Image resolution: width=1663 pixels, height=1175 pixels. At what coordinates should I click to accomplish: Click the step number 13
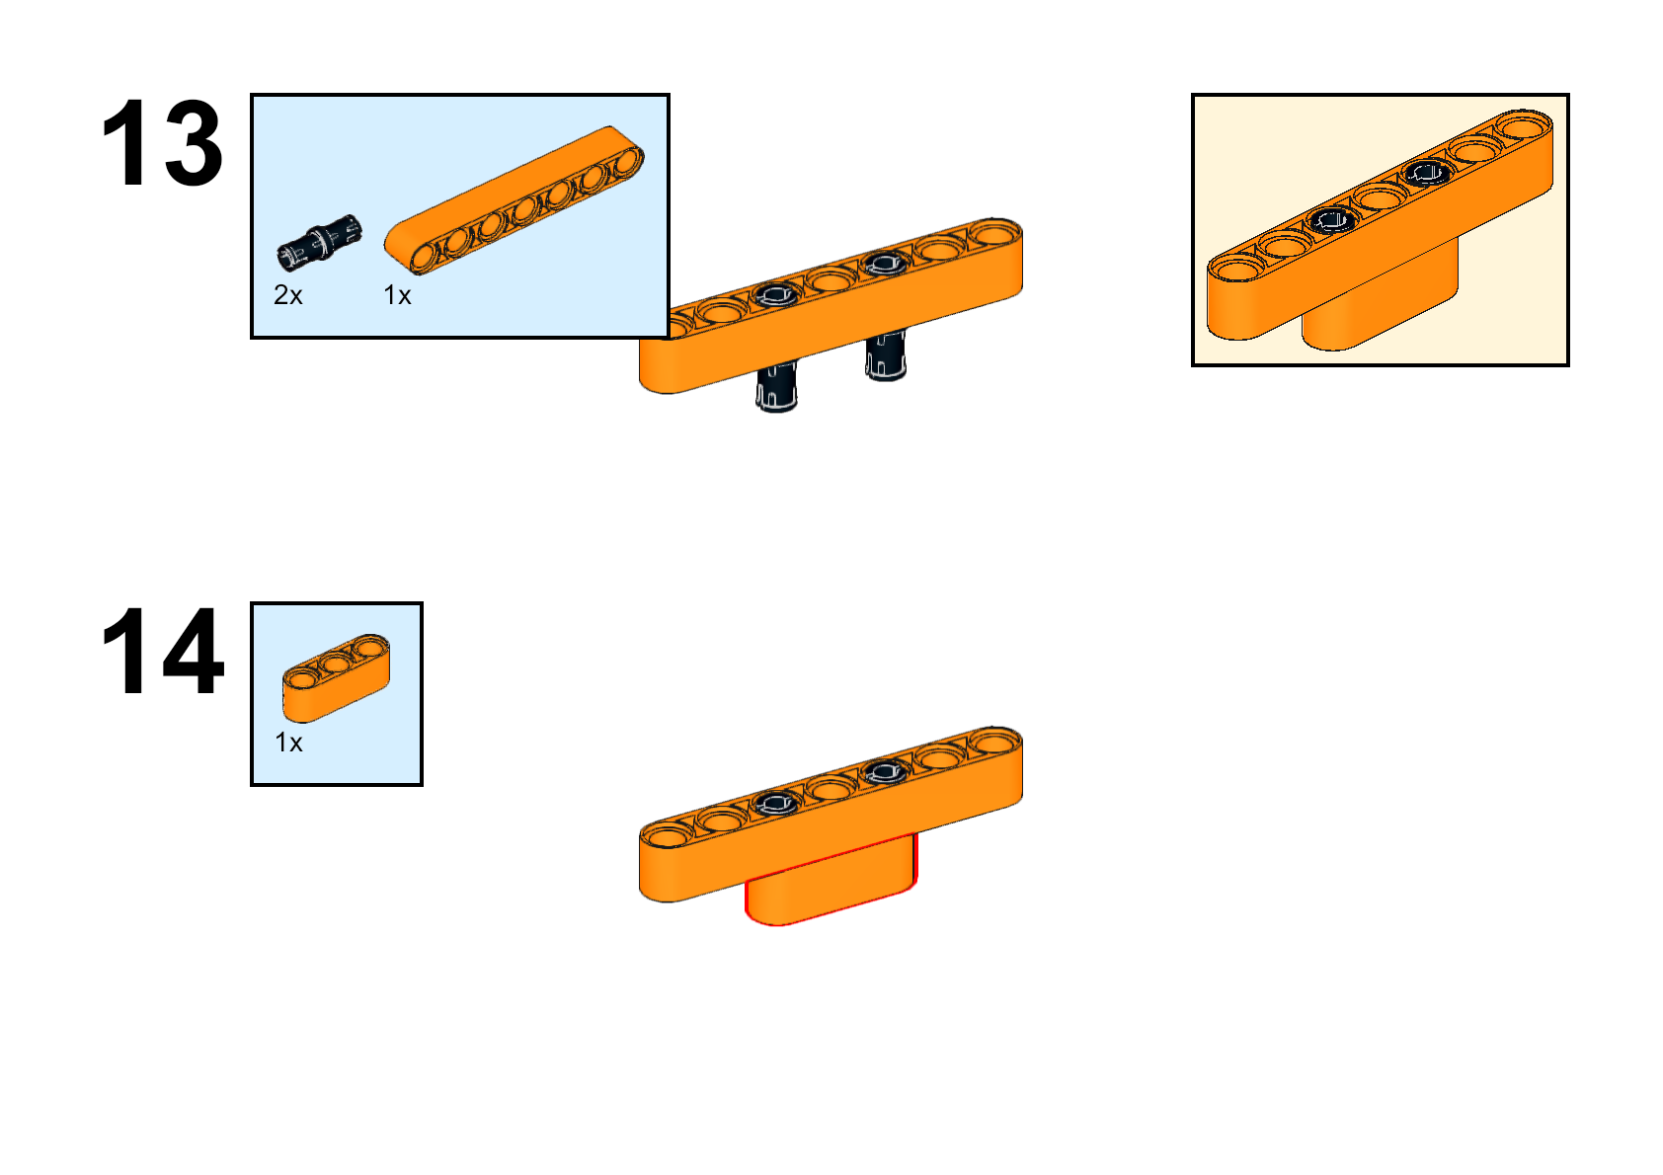[x=162, y=142]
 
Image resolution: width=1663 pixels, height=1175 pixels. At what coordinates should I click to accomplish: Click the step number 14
[x=162, y=651]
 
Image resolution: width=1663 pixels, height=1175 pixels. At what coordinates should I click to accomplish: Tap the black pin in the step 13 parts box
[x=319, y=243]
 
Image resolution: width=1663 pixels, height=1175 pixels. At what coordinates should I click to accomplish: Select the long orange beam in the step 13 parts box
[x=514, y=200]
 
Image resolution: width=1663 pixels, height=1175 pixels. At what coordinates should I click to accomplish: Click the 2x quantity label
[x=288, y=295]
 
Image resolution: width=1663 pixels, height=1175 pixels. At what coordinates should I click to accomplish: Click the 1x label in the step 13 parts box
[x=397, y=295]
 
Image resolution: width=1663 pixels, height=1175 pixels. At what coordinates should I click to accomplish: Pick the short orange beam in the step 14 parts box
[x=337, y=677]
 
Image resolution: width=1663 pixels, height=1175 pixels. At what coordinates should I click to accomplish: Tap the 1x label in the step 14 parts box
[x=288, y=743]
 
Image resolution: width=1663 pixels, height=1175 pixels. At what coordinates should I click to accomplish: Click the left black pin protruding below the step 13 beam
[x=776, y=386]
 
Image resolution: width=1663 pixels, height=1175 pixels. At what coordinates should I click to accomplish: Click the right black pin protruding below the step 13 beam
[x=886, y=355]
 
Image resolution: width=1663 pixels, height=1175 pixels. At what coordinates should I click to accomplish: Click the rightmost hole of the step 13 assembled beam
[x=994, y=233]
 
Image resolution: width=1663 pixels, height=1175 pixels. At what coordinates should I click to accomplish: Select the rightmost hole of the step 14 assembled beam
[x=994, y=742]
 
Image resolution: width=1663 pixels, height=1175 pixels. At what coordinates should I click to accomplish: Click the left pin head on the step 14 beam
[x=776, y=803]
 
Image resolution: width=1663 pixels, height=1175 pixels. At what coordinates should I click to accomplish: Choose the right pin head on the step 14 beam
[x=885, y=773]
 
